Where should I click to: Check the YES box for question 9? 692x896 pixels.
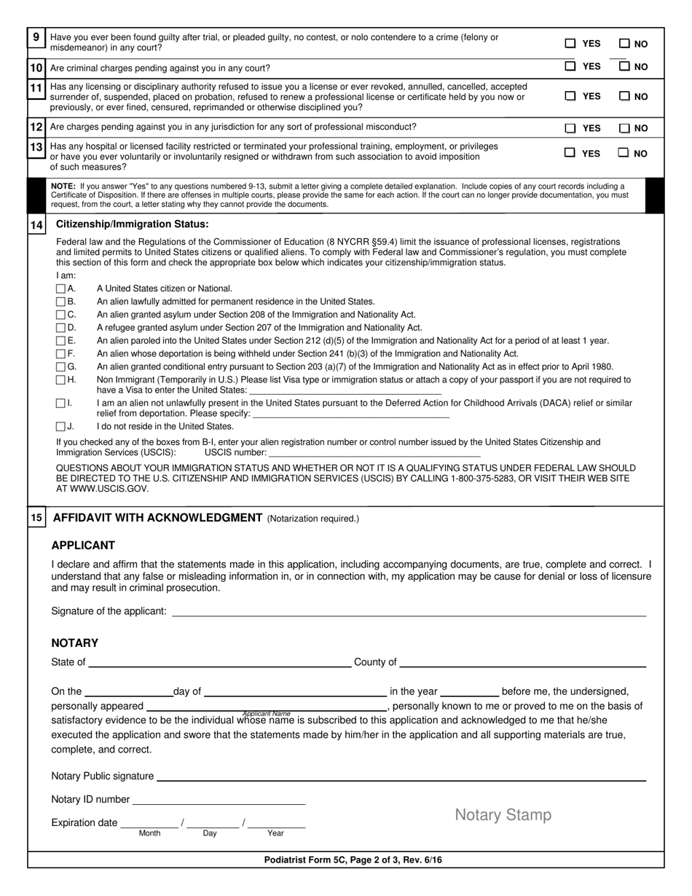[x=570, y=44]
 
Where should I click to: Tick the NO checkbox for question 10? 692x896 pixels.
[x=624, y=66]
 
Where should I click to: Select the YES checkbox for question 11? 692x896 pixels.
[x=570, y=95]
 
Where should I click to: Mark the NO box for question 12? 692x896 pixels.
[x=624, y=128]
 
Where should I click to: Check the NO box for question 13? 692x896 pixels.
[x=624, y=153]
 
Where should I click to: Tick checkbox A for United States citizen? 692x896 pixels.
[x=61, y=288]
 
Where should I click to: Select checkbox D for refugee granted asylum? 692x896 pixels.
[x=61, y=328]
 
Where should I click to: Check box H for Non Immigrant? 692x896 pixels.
[x=61, y=380]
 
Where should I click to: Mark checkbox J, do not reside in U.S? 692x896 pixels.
[x=61, y=426]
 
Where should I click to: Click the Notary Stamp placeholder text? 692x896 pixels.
[x=503, y=815]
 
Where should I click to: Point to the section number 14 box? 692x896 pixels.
[x=36, y=225]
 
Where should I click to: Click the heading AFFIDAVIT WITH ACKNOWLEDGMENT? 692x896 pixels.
[x=157, y=518]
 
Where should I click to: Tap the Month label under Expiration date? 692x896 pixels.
[x=149, y=833]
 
